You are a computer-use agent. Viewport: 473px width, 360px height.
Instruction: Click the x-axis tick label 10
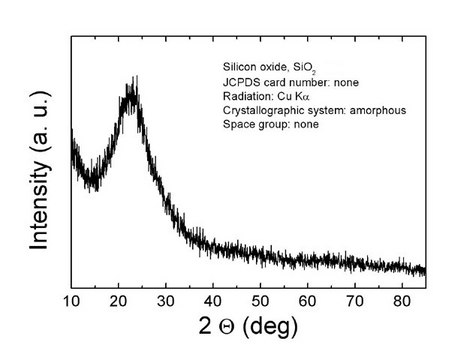point(72,299)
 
